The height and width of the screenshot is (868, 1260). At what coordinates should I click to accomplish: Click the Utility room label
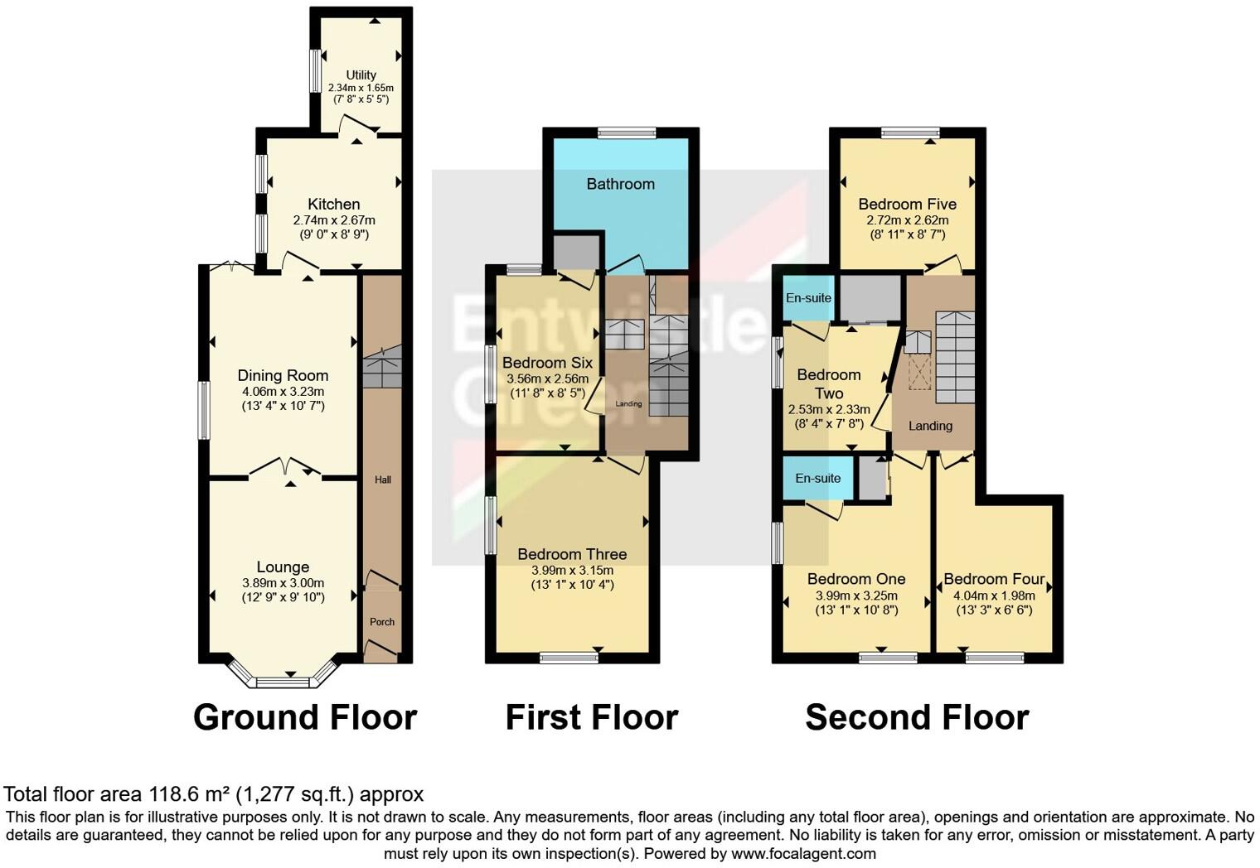click(x=361, y=75)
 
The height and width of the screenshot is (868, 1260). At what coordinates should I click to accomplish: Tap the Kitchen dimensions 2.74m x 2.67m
click(x=334, y=220)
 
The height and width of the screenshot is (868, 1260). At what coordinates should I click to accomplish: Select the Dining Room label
click(x=283, y=375)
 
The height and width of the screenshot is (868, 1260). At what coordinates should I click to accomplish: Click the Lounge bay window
click(x=283, y=682)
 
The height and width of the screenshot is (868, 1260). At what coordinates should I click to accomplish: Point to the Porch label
click(x=382, y=622)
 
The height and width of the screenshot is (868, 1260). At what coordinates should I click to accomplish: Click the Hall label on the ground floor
click(x=382, y=480)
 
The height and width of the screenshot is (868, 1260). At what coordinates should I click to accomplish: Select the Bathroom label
click(x=620, y=184)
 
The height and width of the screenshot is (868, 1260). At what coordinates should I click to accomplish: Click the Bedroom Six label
click(x=547, y=363)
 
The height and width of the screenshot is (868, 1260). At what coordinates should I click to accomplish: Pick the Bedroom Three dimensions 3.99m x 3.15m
click(x=572, y=570)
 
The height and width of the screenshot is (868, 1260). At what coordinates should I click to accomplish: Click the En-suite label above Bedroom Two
click(x=808, y=298)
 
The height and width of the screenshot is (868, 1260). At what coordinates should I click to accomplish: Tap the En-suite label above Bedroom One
click(x=817, y=478)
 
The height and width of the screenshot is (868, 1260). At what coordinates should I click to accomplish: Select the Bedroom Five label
click(x=907, y=204)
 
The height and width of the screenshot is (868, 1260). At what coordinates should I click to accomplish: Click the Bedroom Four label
click(x=993, y=579)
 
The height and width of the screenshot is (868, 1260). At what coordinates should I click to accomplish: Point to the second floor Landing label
click(x=930, y=426)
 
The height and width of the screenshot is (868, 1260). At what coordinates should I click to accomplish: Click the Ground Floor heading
click(x=304, y=717)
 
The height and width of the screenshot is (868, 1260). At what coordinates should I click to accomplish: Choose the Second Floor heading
click(x=917, y=717)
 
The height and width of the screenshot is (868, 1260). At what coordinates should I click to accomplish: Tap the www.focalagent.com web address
click(x=803, y=853)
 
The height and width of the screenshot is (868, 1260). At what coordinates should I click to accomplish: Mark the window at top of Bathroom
click(x=628, y=132)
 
